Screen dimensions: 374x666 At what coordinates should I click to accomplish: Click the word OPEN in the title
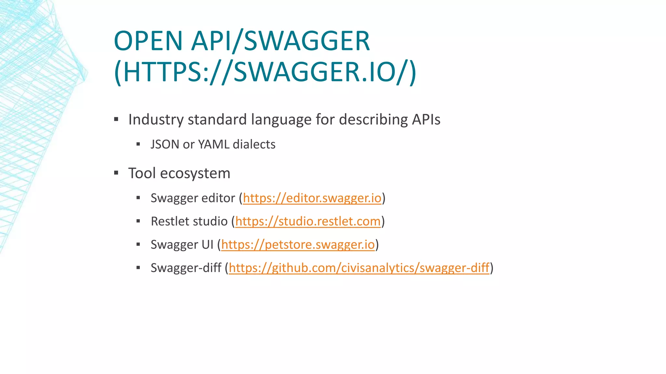148,41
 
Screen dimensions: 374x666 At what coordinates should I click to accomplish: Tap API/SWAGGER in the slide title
280,41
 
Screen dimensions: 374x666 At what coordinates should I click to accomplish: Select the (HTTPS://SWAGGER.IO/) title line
265,72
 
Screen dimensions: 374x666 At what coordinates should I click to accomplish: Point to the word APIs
426,119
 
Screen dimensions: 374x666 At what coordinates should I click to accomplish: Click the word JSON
165,144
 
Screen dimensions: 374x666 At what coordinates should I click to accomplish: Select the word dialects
254,144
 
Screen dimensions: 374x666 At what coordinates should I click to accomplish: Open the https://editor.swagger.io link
312,198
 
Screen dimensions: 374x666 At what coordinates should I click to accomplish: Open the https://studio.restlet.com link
308,221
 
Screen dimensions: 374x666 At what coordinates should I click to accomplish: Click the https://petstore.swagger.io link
298,244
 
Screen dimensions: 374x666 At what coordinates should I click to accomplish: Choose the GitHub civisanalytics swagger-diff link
359,268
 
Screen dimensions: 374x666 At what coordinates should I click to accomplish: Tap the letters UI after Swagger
207,244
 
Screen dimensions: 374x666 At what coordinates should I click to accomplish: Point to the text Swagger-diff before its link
186,268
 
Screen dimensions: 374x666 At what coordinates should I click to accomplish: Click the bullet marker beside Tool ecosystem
116,173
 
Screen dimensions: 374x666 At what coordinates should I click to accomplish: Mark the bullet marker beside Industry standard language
116,119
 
